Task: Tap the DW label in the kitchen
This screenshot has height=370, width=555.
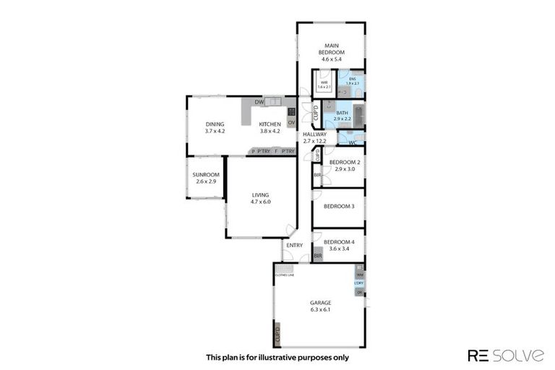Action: pyautogui.click(x=258, y=103)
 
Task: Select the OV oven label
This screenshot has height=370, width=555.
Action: pyautogui.click(x=291, y=123)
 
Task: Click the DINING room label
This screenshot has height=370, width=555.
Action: pyautogui.click(x=215, y=124)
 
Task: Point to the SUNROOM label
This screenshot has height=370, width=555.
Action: pyautogui.click(x=205, y=175)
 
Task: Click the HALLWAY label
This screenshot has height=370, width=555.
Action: pyautogui.click(x=314, y=134)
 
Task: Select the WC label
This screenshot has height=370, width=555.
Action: pyautogui.click(x=352, y=142)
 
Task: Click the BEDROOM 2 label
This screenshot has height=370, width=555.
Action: pyautogui.click(x=345, y=162)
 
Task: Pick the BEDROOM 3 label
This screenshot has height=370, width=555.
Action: pyautogui.click(x=338, y=206)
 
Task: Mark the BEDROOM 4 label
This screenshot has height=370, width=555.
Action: pyautogui.click(x=338, y=241)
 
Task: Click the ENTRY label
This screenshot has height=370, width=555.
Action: pyautogui.click(x=294, y=245)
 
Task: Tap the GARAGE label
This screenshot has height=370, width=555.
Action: pyautogui.click(x=320, y=302)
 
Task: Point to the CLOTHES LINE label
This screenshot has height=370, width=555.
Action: pyautogui.click(x=283, y=275)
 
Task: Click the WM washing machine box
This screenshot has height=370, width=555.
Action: pyautogui.click(x=359, y=275)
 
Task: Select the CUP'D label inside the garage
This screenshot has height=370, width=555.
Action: pyautogui.click(x=277, y=335)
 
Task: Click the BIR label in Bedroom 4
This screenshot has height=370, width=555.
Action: pyautogui.click(x=317, y=257)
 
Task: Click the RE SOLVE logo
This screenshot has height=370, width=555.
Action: pyautogui.click(x=506, y=355)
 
